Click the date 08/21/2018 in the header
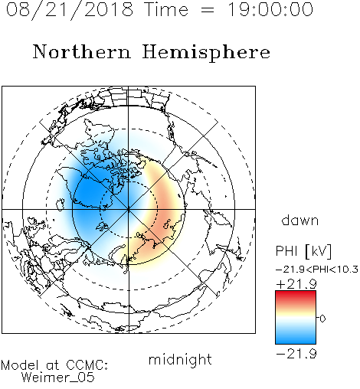click(x=70, y=10)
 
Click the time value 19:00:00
click(x=270, y=9)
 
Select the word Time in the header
click(x=166, y=9)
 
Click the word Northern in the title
click(x=82, y=51)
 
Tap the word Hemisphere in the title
click(x=206, y=52)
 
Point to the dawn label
click(x=299, y=220)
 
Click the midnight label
click(x=180, y=359)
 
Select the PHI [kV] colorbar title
click(x=303, y=251)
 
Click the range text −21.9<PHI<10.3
click(x=317, y=269)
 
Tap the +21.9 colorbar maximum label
click(x=296, y=284)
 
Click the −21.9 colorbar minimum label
click(x=296, y=354)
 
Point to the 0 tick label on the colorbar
click(x=322, y=319)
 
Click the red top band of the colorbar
click(x=296, y=296)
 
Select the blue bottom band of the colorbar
click(x=296, y=338)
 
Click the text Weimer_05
click(x=57, y=378)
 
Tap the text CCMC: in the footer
click(x=87, y=365)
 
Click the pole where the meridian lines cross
click(x=129, y=209)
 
